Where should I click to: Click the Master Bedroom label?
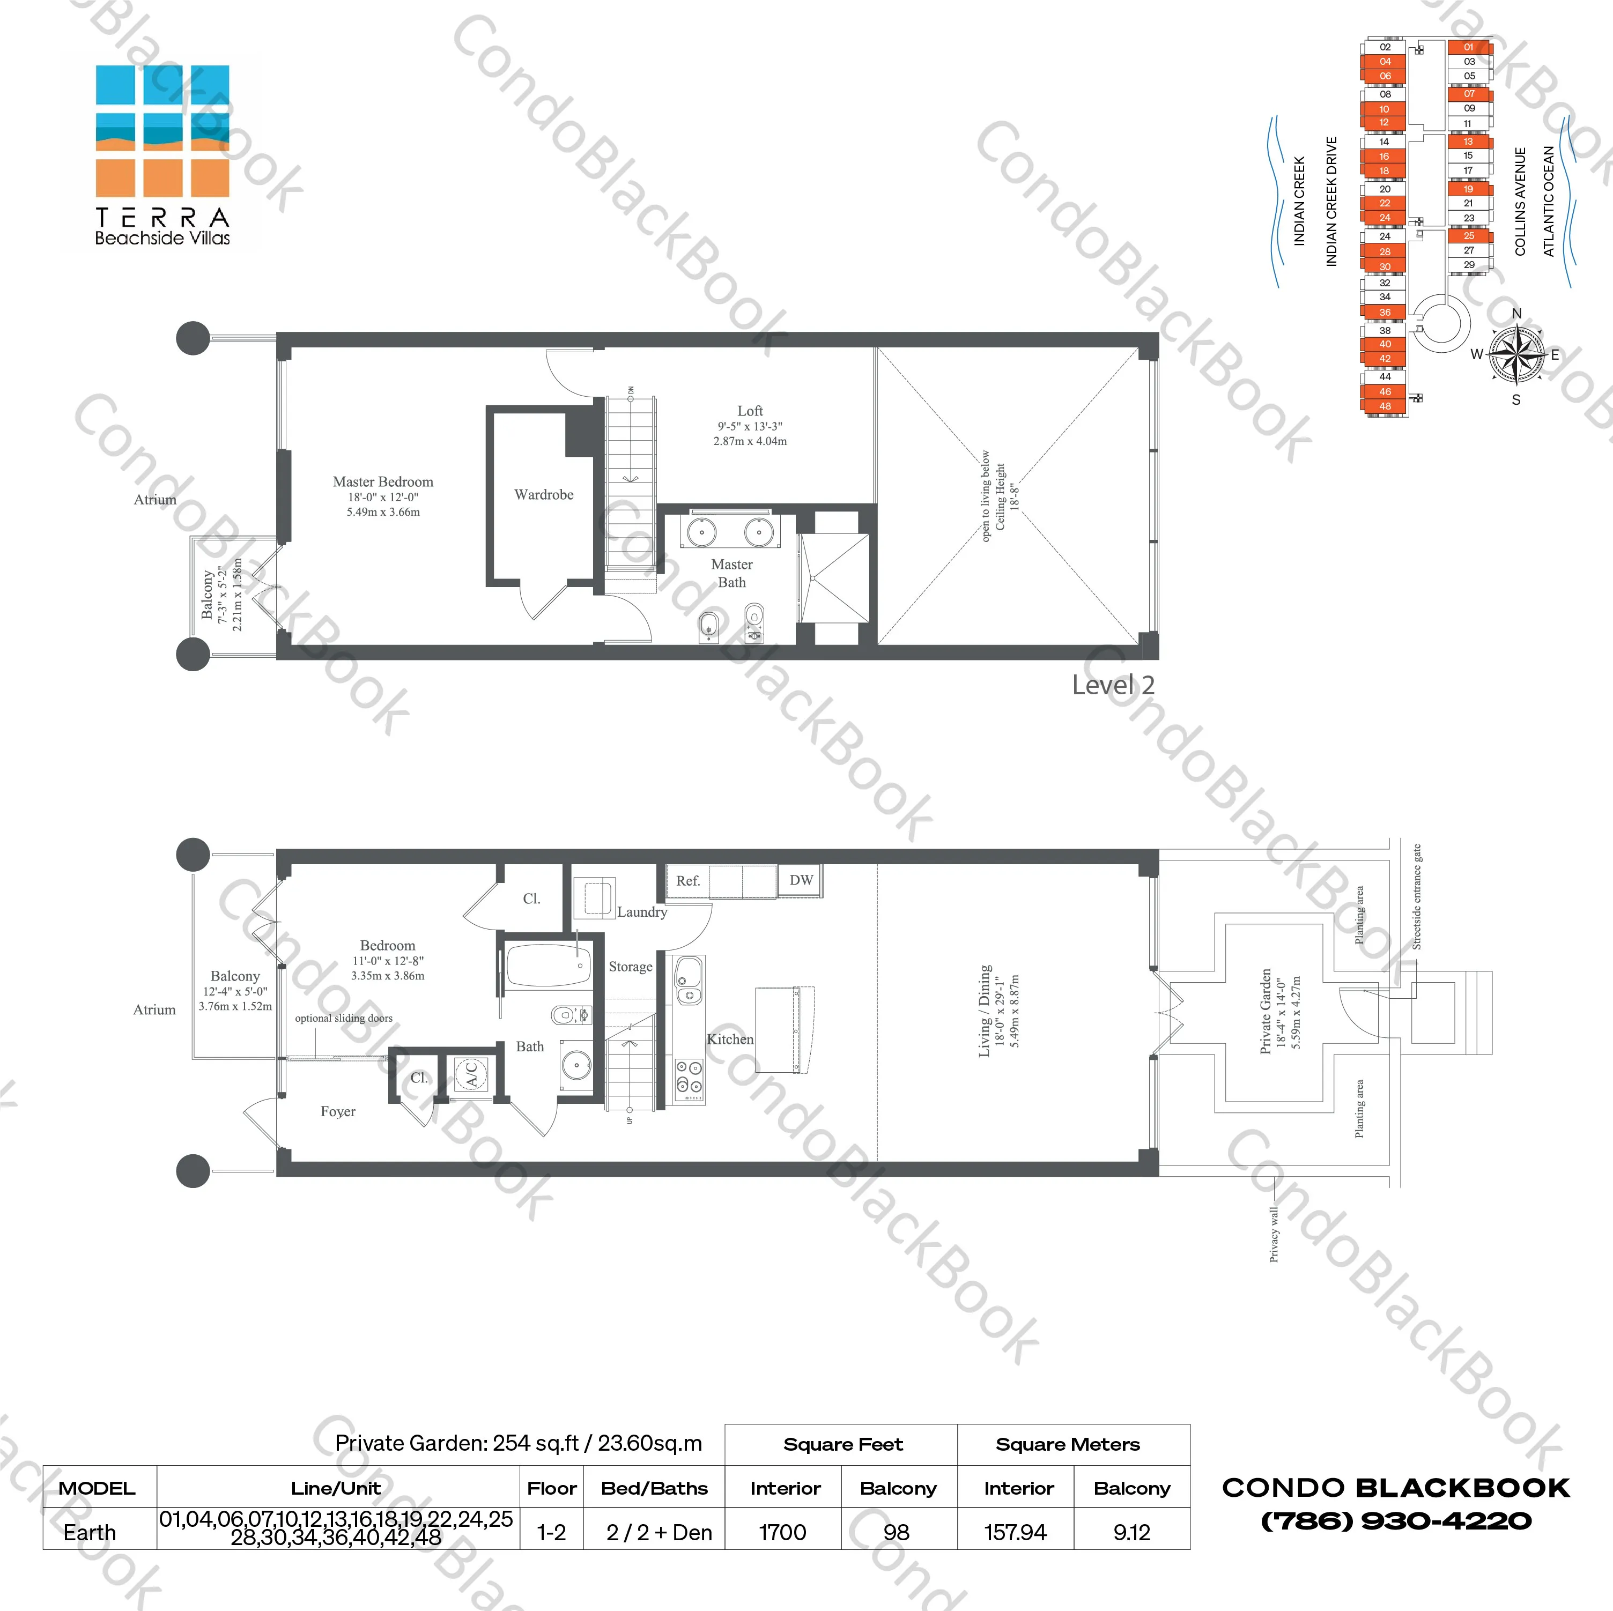pyautogui.click(x=383, y=481)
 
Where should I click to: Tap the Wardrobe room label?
pyautogui.click(x=544, y=495)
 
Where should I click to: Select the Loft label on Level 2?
pyautogui.click(x=750, y=411)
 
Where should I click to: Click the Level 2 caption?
pyautogui.click(x=1113, y=685)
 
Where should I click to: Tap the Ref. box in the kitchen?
pyautogui.click(x=688, y=881)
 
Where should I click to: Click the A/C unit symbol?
pyautogui.click(x=471, y=1073)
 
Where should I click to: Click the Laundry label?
pyautogui.click(x=642, y=912)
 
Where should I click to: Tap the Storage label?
pyautogui.click(x=630, y=967)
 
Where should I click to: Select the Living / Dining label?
pyautogui.click(x=986, y=1011)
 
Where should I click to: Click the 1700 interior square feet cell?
pyautogui.click(x=782, y=1533)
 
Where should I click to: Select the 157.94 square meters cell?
pyautogui.click(x=1015, y=1533)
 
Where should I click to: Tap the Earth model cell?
pyautogui.click(x=90, y=1533)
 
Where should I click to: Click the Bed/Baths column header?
pyautogui.click(x=655, y=1488)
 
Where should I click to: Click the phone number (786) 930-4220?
pyautogui.click(x=1396, y=1521)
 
